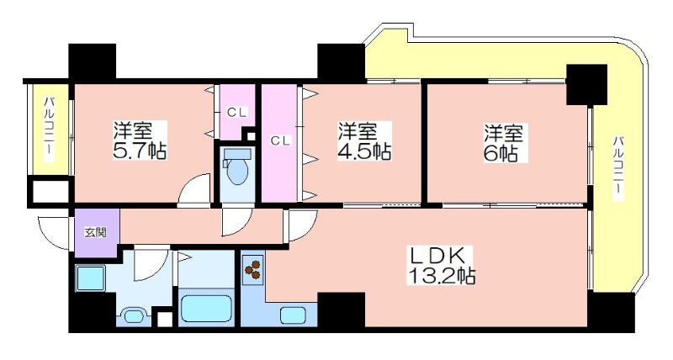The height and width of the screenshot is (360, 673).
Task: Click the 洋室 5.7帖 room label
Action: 140,140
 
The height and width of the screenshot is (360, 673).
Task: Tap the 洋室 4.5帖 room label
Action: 365,140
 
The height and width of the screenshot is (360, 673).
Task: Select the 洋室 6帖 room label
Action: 504,142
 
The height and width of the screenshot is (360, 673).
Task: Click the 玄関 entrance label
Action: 95,233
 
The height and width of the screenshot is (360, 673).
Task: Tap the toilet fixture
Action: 237,166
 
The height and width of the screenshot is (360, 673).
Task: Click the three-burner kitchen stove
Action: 253,269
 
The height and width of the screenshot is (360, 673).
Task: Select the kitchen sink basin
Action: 293,315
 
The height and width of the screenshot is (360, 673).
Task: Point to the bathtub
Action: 206,308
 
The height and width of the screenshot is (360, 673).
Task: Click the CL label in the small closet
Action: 237,113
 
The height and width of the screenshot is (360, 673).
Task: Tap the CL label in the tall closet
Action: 281,140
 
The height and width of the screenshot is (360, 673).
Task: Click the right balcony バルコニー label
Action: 617,167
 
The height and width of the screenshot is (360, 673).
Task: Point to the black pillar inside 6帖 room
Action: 586,85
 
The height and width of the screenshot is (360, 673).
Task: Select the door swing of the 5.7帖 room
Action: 194,190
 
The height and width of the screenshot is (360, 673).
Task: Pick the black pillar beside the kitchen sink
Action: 342,309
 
